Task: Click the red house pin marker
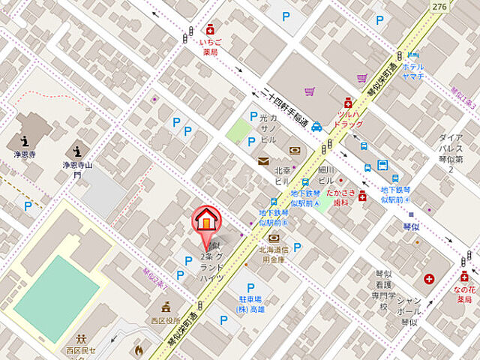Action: point(207,219)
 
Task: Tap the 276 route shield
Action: point(440,6)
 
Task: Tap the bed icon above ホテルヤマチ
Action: point(413,54)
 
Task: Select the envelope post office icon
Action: point(263,160)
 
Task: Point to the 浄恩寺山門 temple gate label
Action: point(76,169)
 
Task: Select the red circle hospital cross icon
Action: point(428,279)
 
